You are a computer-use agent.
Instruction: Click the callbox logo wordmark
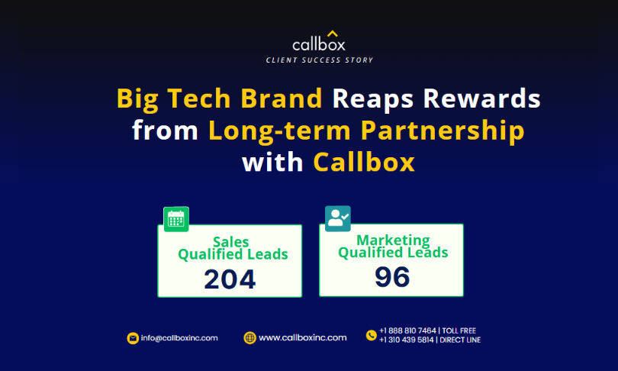[319, 44]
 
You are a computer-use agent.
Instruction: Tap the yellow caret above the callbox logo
[332, 34]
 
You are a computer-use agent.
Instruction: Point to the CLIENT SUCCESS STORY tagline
[319, 60]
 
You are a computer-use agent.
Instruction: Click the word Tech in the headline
[198, 98]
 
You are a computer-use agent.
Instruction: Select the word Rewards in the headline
[481, 98]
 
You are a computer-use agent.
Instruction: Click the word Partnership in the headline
[443, 131]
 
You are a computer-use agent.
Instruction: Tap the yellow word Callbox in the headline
[364, 162]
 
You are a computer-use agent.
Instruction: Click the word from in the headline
[165, 130]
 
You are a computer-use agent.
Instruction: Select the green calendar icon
[176, 219]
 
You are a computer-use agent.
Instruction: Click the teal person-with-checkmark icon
[338, 218]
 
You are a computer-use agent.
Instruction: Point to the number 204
[230, 279]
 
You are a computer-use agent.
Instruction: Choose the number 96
[392, 277]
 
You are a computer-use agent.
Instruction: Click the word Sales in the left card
[231, 241]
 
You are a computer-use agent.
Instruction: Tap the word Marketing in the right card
[393, 240]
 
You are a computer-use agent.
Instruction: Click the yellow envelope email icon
[133, 338]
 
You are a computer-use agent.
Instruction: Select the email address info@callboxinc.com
[179, 338]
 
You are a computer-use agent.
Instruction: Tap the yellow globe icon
[250, 338]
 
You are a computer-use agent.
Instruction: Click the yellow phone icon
[372, 335]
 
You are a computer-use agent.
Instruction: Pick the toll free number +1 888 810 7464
[407, 331]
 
